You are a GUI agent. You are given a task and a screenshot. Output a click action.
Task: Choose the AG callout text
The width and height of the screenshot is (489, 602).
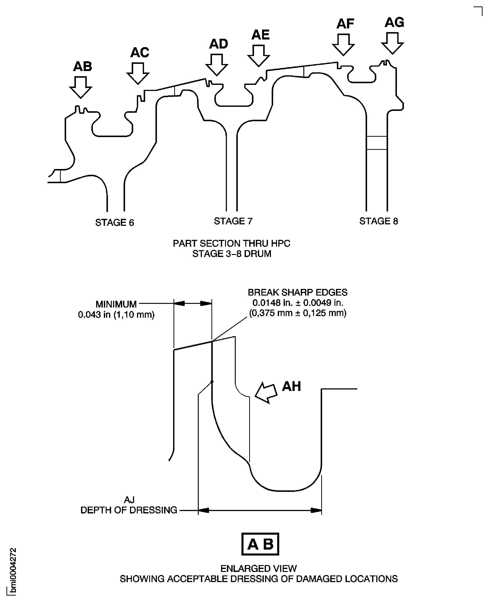click(394, 22)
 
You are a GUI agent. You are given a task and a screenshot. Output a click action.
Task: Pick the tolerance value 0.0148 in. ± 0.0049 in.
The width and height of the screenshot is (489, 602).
click(297, 303)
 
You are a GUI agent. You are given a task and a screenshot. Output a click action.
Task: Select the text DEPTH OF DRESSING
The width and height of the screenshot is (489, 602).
click(129, 510)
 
